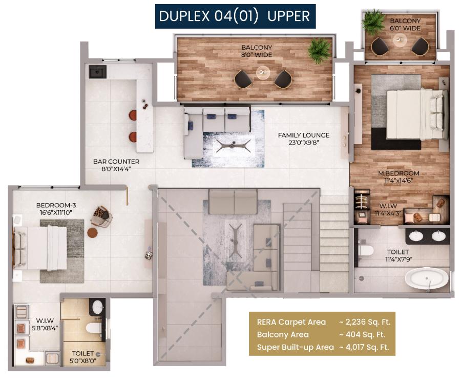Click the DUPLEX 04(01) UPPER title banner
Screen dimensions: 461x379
pos(235,16)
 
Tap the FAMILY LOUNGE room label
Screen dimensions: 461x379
pos(304,135)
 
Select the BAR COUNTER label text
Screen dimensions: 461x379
pos(116,162)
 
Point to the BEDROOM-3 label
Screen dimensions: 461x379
pos(56,205)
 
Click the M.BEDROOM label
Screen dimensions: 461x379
pos(399,173)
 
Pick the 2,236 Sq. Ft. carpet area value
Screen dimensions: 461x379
pos(365,322)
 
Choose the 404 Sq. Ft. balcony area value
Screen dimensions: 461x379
pos(362,334)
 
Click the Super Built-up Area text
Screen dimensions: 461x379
pos(295,347)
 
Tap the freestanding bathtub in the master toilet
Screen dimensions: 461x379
pos(427,280)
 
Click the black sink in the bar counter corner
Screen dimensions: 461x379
pos(97,71)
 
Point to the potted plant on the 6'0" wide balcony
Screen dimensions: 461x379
pos(373,22)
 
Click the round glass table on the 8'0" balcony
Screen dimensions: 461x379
pos(263,72)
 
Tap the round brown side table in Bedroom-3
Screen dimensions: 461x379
pos(93,232)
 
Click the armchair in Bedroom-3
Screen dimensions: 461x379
pos(102,216)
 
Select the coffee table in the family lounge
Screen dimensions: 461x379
pos(234,146)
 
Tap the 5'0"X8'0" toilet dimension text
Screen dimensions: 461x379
pos(83,360)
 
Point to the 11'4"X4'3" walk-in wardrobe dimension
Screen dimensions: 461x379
pos(388,213)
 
